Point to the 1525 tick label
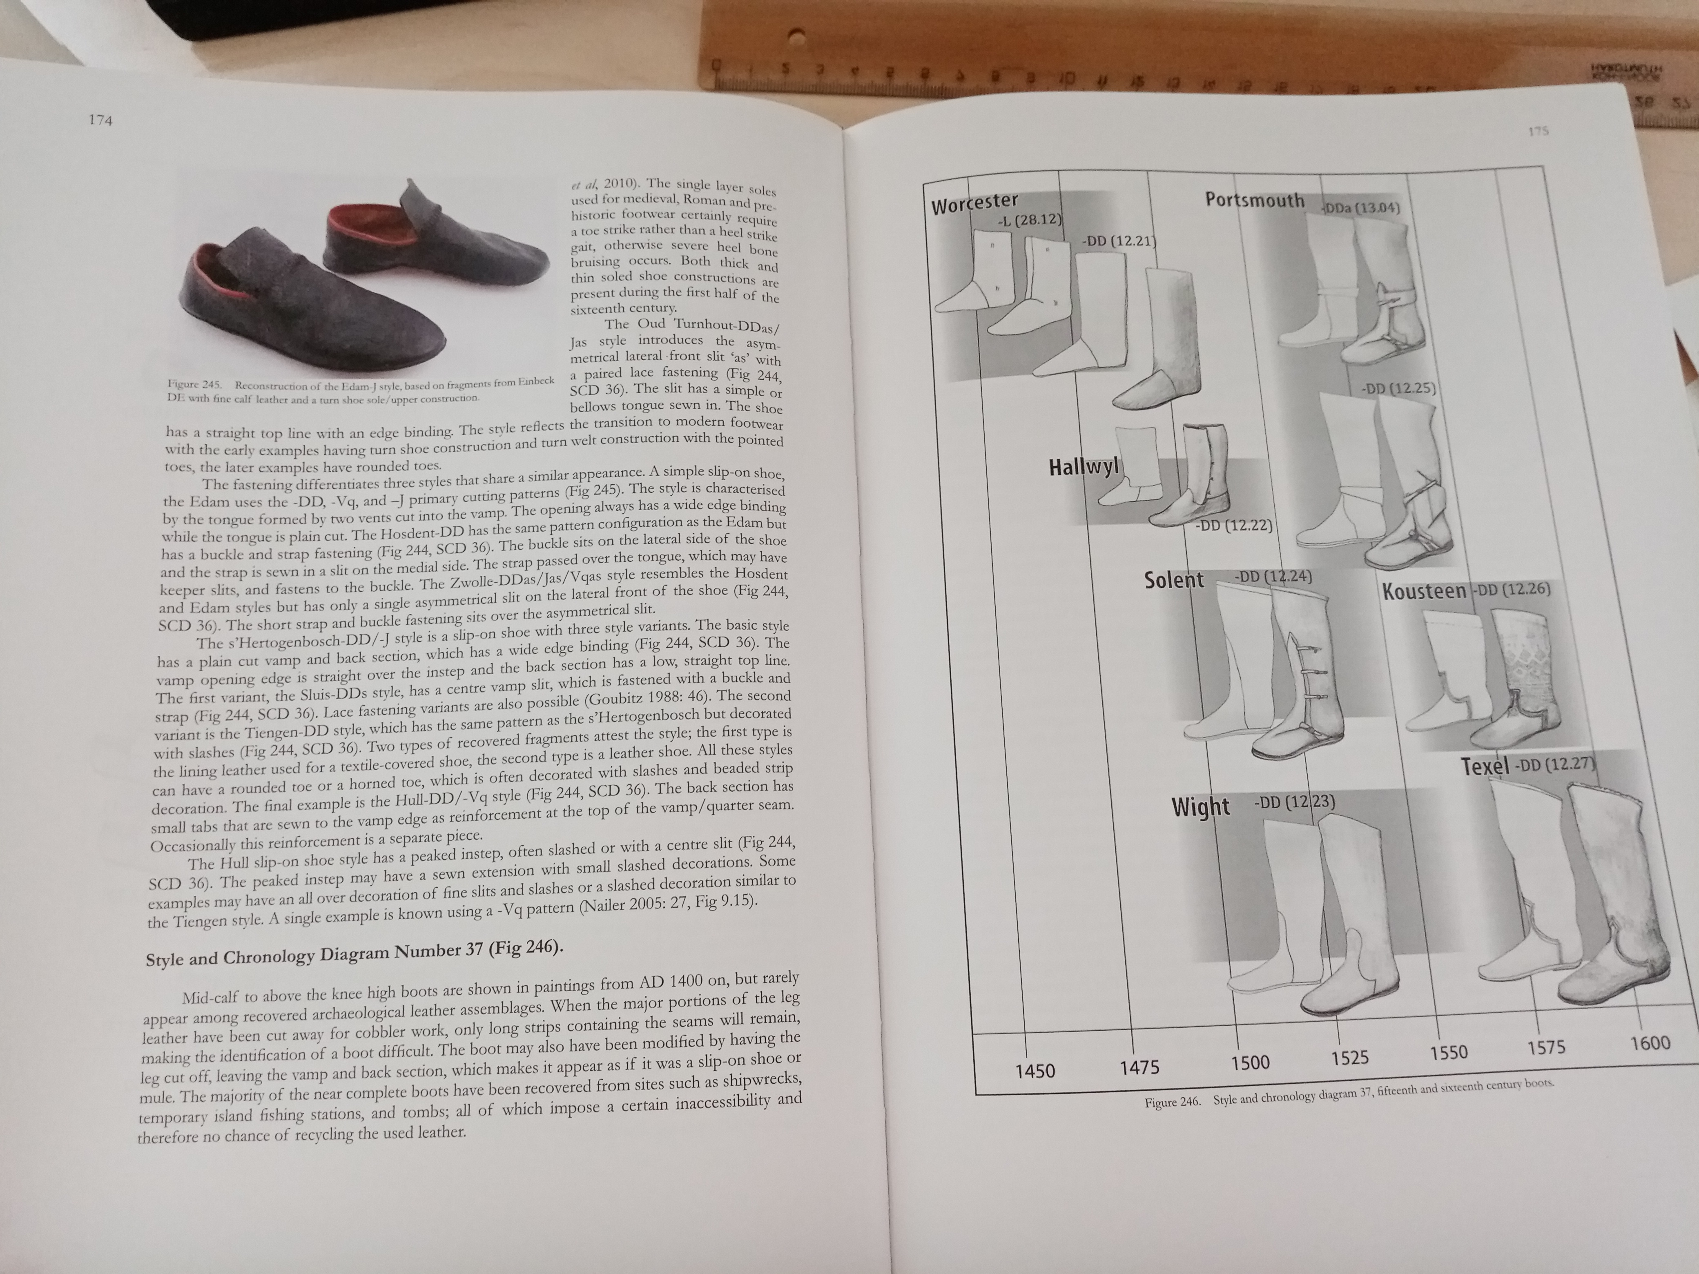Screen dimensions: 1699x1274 pos(1349,1058)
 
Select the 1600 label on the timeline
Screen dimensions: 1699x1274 pos(1650,1043)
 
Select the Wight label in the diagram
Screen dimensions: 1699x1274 pos(1200,807)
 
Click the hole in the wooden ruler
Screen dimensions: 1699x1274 pos(796,36)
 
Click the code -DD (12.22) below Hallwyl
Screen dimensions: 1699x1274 pos(1233,526)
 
